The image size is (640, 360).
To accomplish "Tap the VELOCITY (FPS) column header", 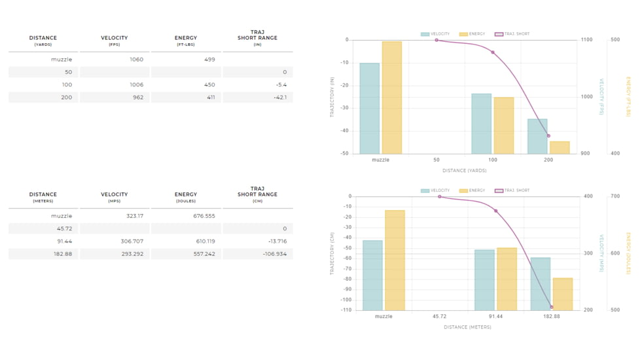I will pos(115,41).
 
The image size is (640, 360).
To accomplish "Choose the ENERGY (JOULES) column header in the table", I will pos(186,197).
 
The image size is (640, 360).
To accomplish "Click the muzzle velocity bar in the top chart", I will pos(369,108).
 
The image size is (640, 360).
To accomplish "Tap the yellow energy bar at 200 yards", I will pos(560,147).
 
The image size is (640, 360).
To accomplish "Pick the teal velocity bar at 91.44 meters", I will pos(484,279).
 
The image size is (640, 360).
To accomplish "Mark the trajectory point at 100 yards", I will pos(493,52).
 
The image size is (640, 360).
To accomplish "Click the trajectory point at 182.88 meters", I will pos(551,307).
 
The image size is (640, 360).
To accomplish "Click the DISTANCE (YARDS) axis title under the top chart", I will pos(464,171).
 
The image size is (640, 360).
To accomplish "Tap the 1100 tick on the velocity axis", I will pos(586,40).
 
